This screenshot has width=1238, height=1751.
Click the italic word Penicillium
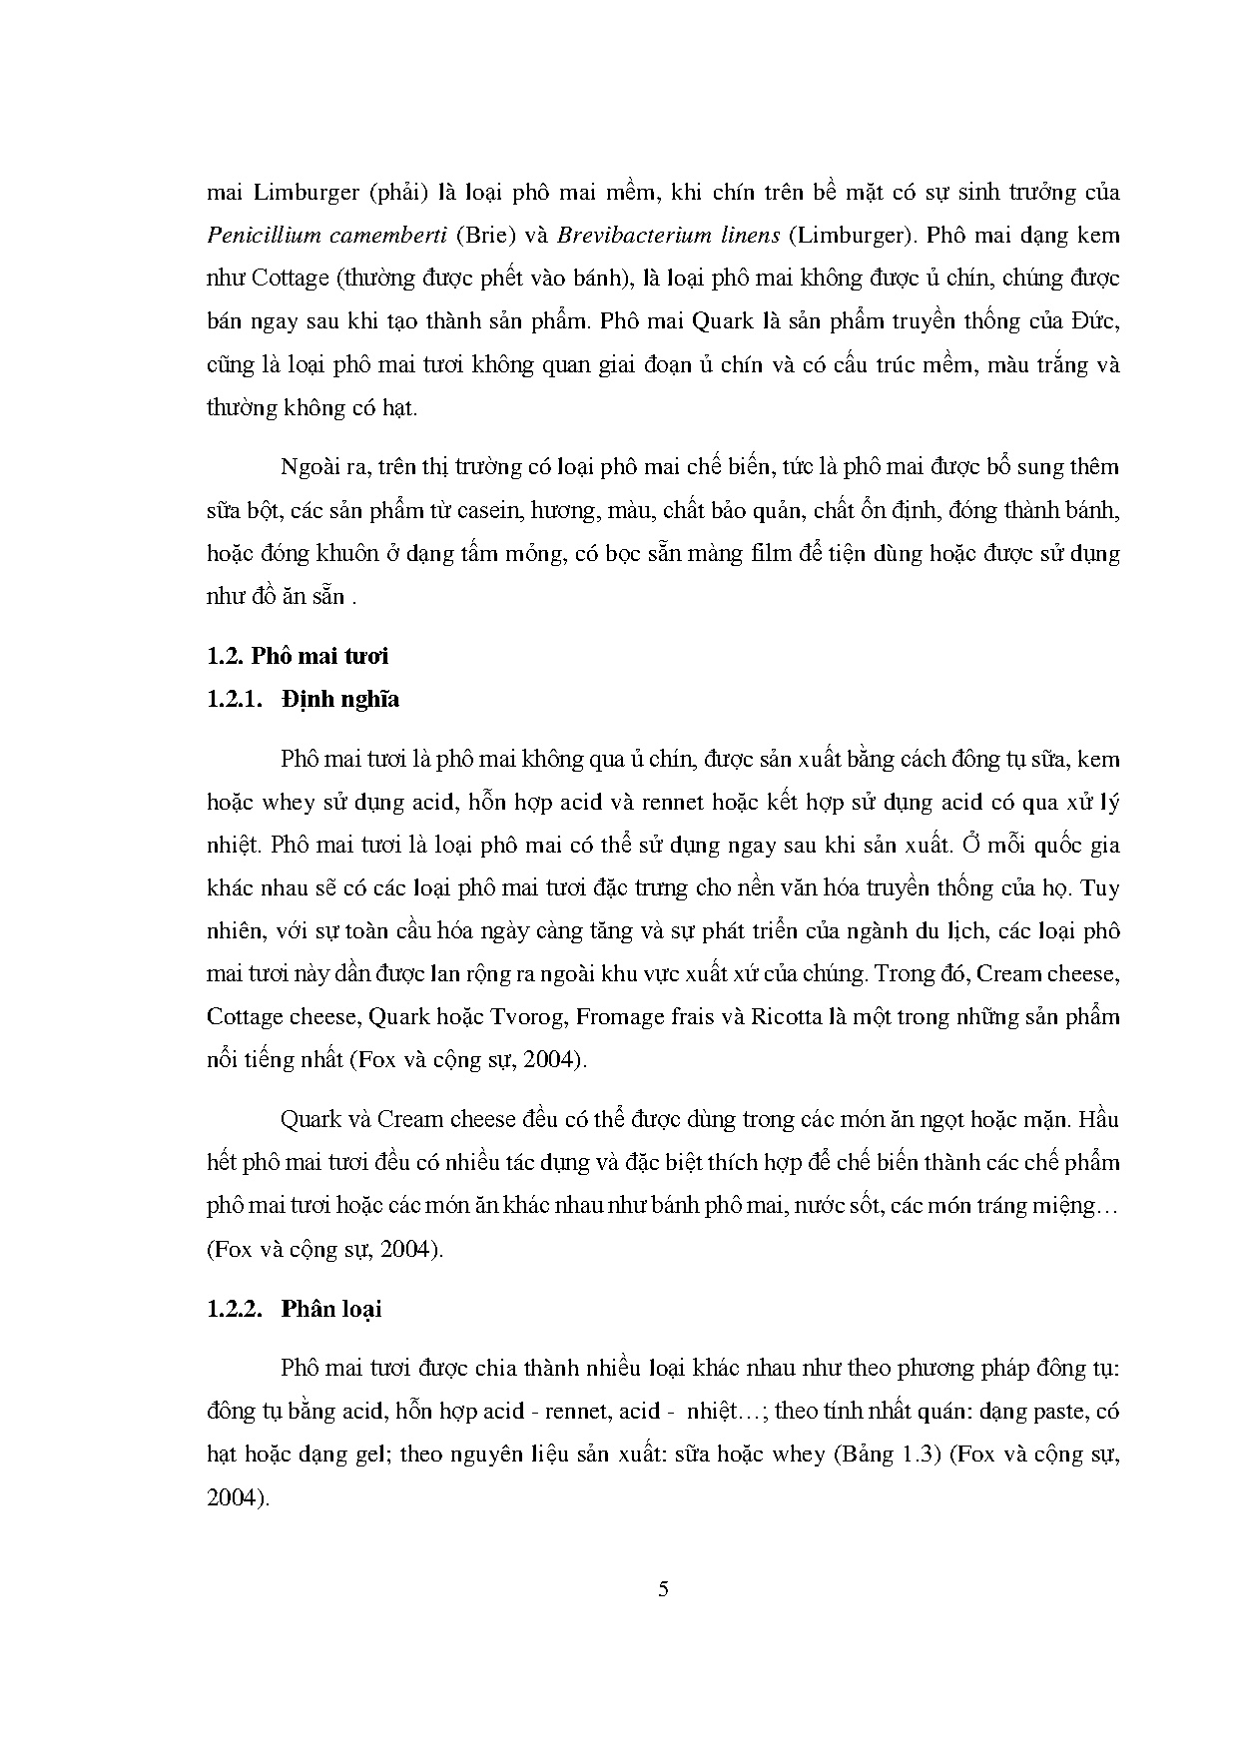tap(264, 236)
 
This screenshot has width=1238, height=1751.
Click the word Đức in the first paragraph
tap(1096, 321)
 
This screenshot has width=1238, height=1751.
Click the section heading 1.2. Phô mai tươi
tap(298, 656)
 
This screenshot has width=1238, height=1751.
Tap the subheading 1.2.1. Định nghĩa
tap(304, 699)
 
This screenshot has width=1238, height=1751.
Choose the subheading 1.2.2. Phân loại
tap(295, 1309)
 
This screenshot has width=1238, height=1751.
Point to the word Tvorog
tap(525, 1017)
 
